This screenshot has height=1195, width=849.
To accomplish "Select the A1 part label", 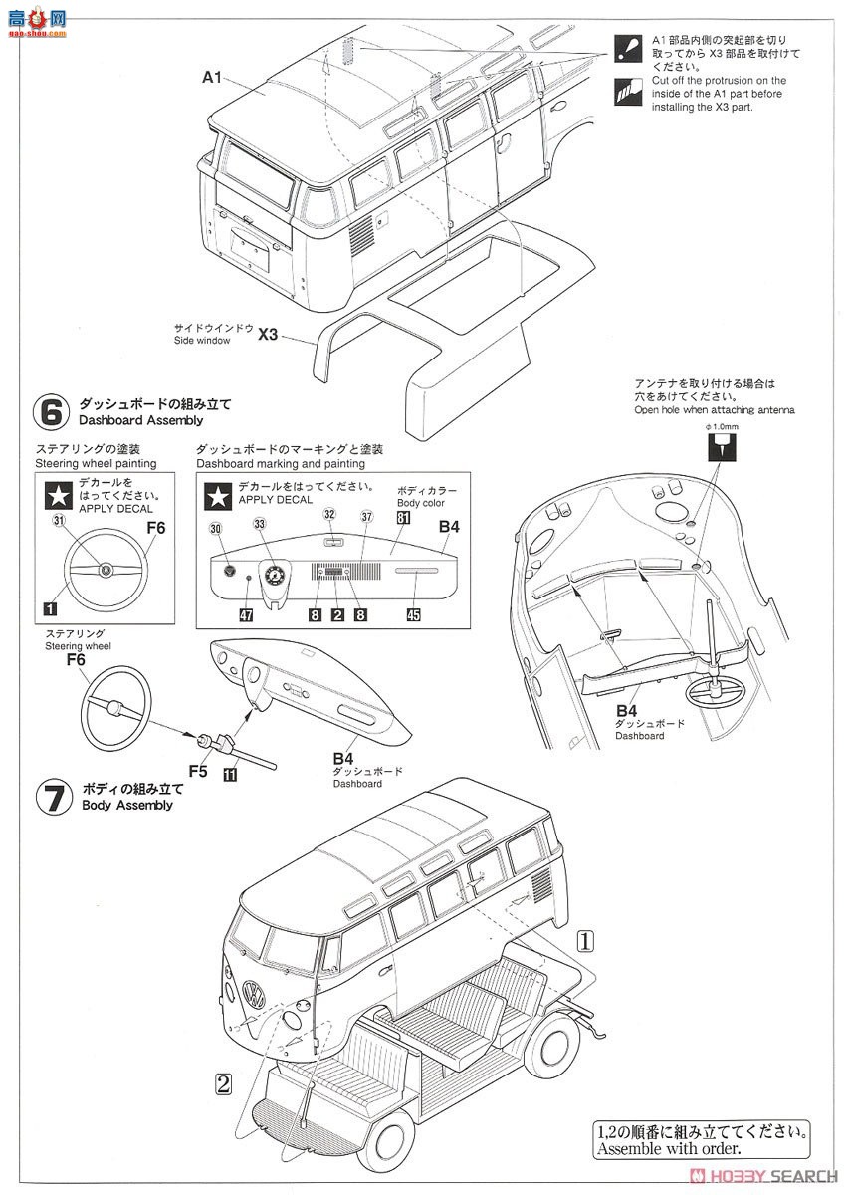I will pos(211,77).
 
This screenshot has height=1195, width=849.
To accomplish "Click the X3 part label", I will pos(268,335).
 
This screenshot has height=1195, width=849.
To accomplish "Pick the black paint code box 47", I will pos(246,615).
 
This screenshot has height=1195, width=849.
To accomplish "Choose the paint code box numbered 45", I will pos(413,615).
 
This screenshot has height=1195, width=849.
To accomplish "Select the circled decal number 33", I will pos(260,524).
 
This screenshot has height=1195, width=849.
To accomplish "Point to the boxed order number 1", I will pos(586,939).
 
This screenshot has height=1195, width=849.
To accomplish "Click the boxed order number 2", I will pos(223,1083).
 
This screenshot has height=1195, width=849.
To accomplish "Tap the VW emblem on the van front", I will pos(254,994).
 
